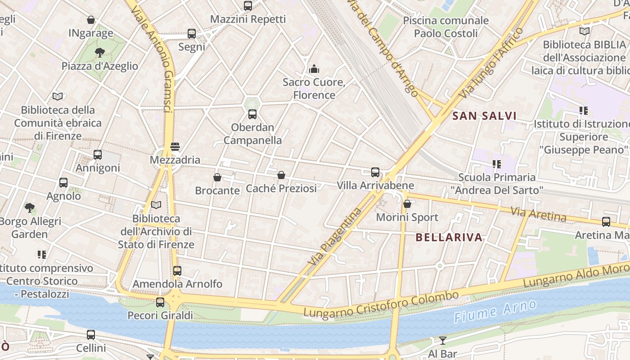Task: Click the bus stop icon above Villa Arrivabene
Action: [x=375, y=172]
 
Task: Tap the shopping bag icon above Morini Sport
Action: [x=407, y=204]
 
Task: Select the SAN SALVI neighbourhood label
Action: [x=484, y=116]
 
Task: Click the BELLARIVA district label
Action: [x=449, y=238]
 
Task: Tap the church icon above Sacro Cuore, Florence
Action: [x=314, y=69]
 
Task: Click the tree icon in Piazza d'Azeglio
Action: [x=100, y=53]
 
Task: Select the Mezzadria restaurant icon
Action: [x=175, y=147]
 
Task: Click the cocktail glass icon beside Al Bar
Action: [x=443, y=340]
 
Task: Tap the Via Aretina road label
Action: [x=539, y=214]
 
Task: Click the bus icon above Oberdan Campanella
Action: [x=252, y=114]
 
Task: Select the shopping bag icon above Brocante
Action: [x=217, y=177]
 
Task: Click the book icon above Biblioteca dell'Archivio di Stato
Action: [x=156, y=205]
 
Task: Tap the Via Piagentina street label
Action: [x=336, y=236]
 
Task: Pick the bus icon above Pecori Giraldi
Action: [x=160, y=302]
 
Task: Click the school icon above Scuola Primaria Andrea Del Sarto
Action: [x=497, y=164]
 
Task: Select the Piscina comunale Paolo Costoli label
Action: [x=445, y=27]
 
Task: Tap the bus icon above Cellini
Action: [x=91, y=335]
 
